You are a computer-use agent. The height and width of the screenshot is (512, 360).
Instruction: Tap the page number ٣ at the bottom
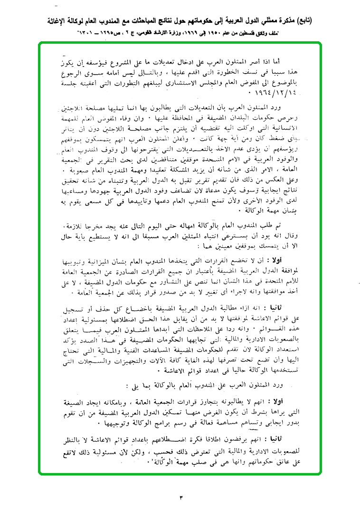point(180,497)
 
